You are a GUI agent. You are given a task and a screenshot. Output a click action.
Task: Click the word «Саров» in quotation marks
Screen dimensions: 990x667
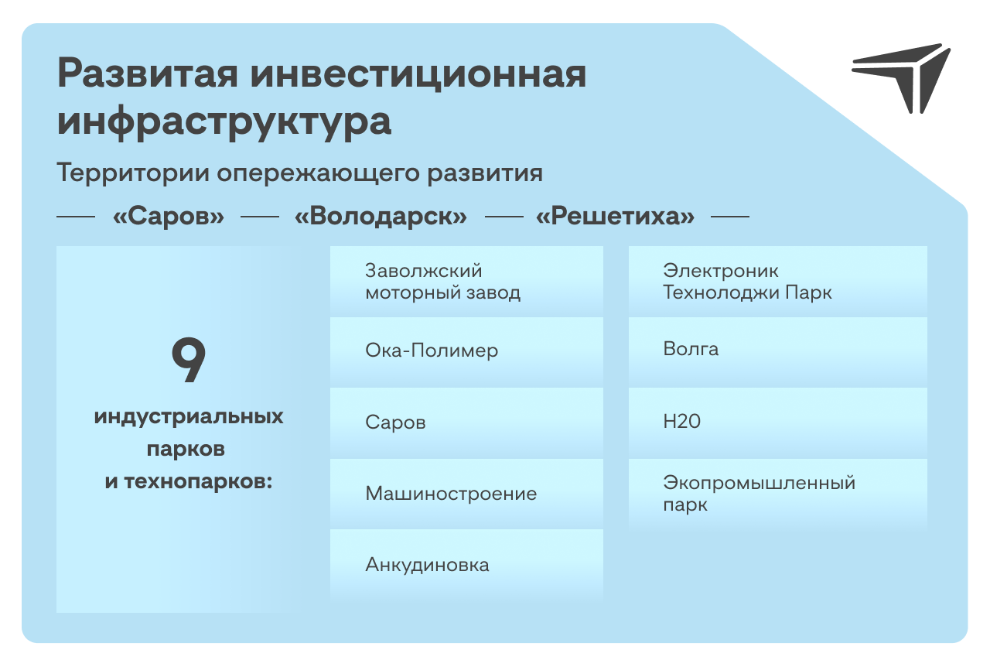tap(169, 217)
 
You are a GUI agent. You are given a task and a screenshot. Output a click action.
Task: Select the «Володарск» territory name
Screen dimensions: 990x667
tap(381, 217)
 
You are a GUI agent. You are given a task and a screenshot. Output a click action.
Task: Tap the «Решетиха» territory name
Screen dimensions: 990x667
tap(615, 217)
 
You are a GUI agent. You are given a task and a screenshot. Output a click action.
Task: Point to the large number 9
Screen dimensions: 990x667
tap(189, 360)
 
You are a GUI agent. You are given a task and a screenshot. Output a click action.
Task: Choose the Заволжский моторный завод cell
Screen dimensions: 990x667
tap(466, 282)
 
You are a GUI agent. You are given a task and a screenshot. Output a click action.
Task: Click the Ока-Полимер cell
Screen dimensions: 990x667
tap(466, 352)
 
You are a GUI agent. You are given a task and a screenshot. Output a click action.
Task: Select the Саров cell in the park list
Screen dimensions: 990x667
tap(466, 423)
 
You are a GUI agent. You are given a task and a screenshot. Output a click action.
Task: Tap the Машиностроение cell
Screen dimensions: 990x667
tap(466, 494)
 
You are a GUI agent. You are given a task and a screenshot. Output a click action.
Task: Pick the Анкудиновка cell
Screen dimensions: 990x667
tap(466, 565)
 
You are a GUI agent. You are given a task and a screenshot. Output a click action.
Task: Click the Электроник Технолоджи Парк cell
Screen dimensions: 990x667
tap(778, 282)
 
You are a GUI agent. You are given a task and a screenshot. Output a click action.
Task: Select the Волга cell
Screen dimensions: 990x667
tap(778, 352)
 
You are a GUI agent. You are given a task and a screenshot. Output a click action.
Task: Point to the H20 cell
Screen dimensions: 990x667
tap(778, 423)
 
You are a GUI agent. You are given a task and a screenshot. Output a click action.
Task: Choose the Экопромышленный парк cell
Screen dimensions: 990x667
tap(778, 494)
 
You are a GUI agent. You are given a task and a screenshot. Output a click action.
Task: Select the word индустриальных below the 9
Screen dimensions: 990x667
tap(189, 417)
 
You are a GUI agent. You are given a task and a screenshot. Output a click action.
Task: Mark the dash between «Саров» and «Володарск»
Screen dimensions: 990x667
tap(259, 217)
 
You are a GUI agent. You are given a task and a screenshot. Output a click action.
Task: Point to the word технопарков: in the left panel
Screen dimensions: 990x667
tap(198, 481)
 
